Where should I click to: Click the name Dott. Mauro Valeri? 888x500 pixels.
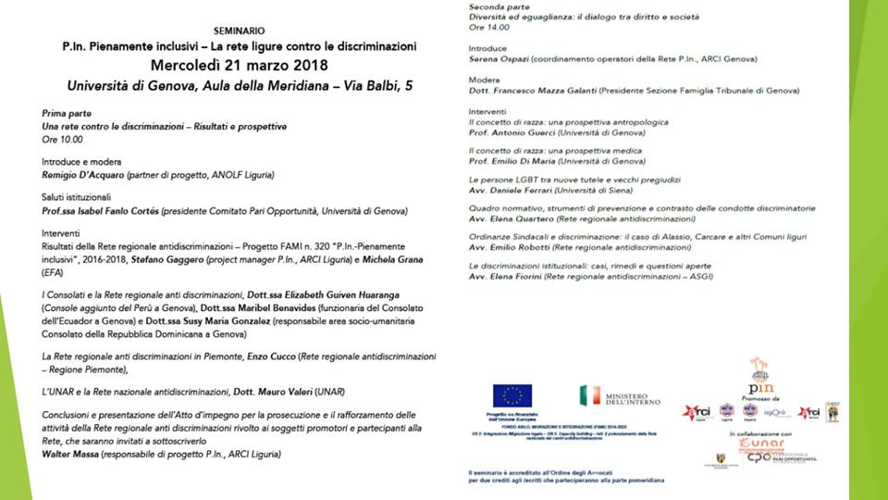pyautogui.click(x=272, y=392)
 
